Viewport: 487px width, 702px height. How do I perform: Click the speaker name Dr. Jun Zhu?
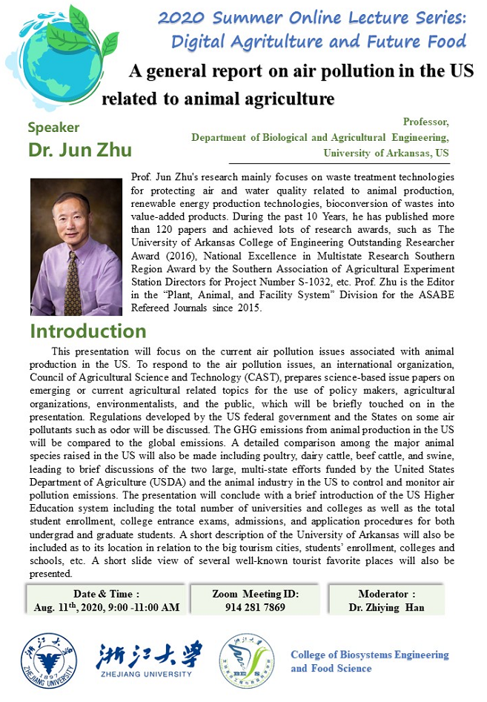click(80, 150)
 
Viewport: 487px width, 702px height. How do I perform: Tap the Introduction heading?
click(88, 331)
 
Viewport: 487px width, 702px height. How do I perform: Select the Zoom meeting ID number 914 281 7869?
click(255, 606)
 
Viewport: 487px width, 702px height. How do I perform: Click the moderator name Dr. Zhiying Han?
click(387, 606)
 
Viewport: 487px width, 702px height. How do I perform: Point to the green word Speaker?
click(53, 128)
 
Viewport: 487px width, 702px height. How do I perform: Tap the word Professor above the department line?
click(426, 122)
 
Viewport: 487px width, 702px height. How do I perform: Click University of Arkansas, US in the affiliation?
click(386, 153)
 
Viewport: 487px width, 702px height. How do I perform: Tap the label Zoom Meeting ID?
click(255, 593)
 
